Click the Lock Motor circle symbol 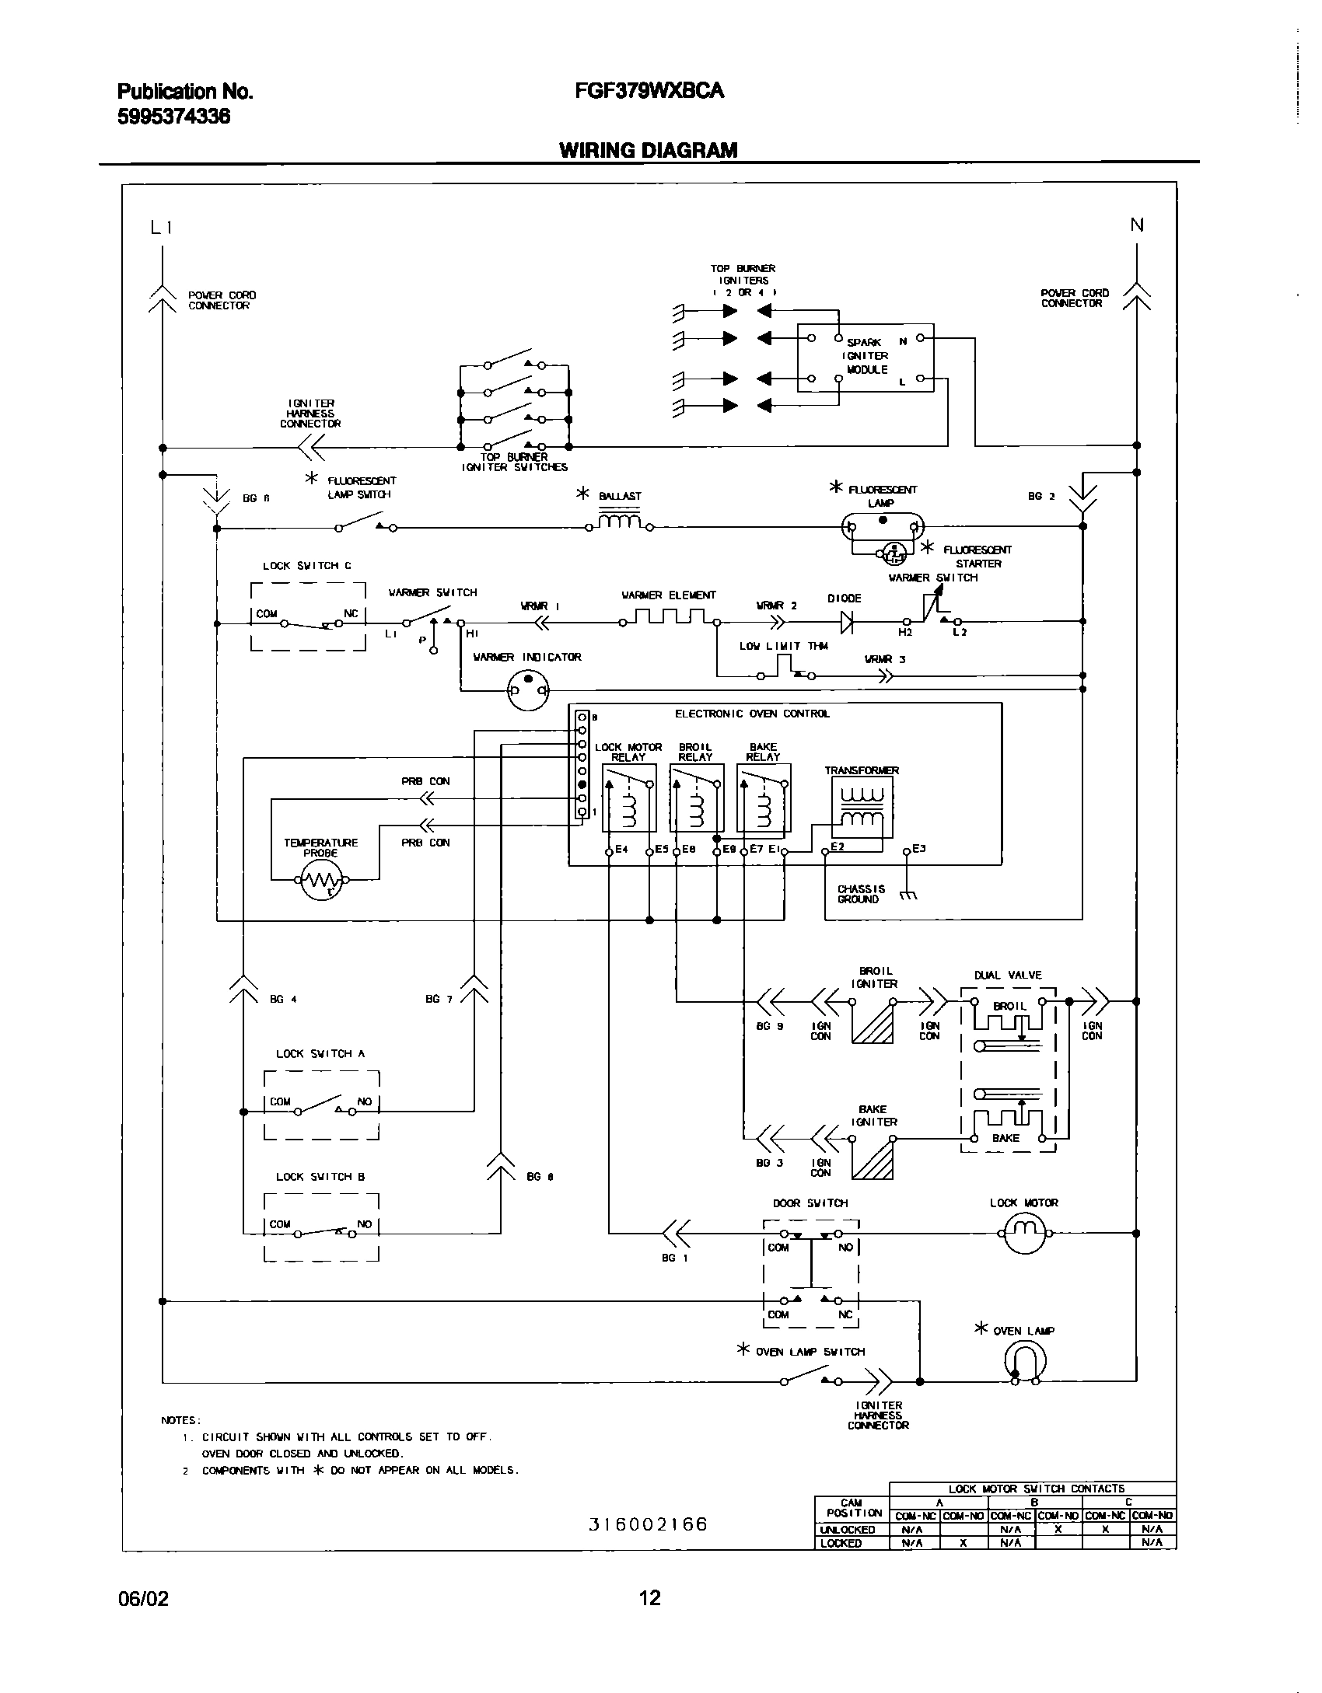click(x=1025, y=1233)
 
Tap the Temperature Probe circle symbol click(x=322, y=880)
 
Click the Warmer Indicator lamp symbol click(x=528, y=689)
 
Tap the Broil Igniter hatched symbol click(x=873, y=1023)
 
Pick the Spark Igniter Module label click(x=866, y=356)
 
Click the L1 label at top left click(x=161, y=227)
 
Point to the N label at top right click(x=1137, y=225)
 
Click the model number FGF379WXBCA click(x=649, y=91)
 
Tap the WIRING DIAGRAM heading click(x=649, y=150)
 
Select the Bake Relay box click(x=764, y=798)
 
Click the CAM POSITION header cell click(x=852, y=1508)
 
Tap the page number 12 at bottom click(x=649, y=1598)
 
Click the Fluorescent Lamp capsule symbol click(x=883, y=527)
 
